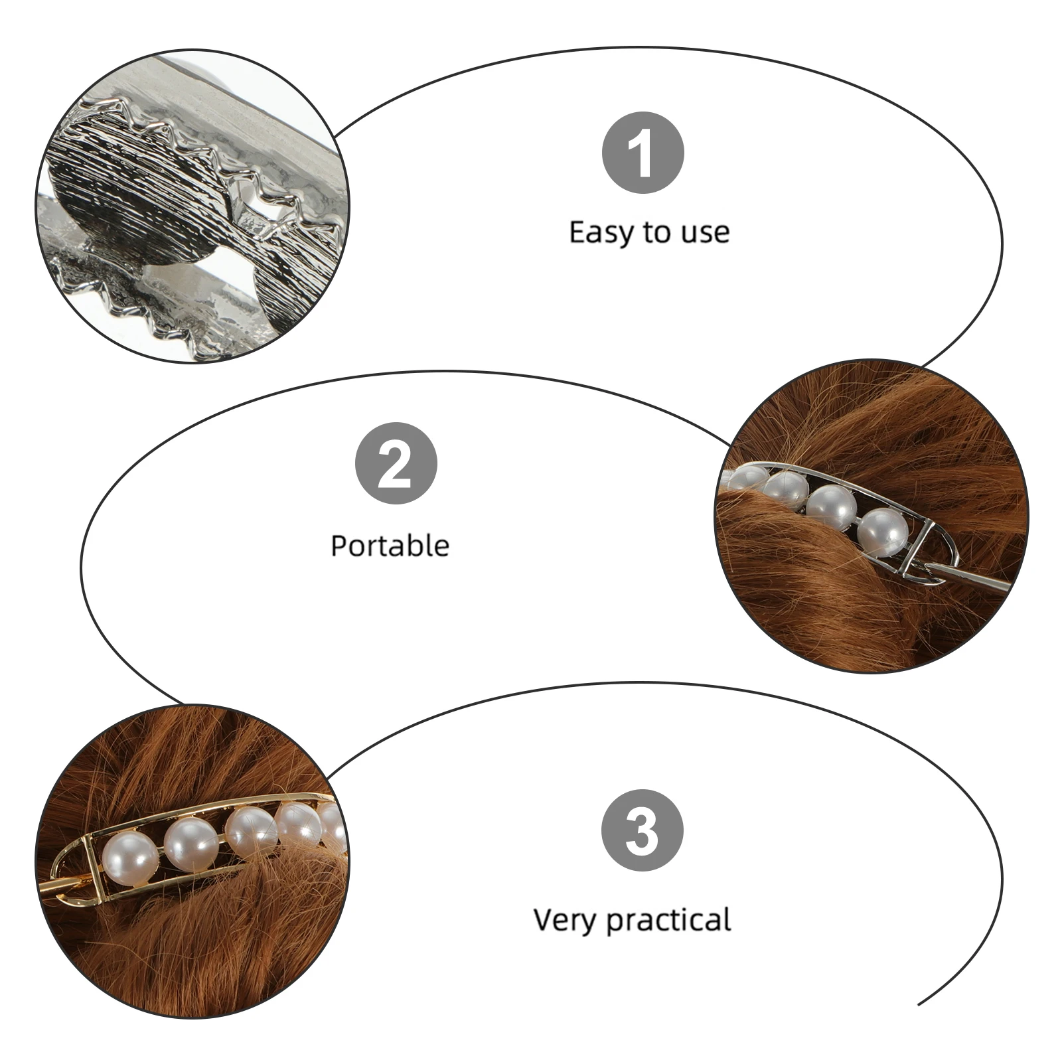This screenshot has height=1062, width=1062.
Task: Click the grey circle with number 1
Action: point(643,153)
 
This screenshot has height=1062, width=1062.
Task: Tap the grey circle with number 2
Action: point(396,463)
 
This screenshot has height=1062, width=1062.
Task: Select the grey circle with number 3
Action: point(642,830)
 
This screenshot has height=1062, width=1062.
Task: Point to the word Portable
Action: point(390,546)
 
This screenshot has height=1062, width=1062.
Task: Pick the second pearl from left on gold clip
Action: point(190,844)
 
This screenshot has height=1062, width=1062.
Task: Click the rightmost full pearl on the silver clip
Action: point(883,532)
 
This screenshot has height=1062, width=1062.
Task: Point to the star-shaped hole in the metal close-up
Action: point(260,213)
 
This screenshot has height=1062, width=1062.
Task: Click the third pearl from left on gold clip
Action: point(251,831)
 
